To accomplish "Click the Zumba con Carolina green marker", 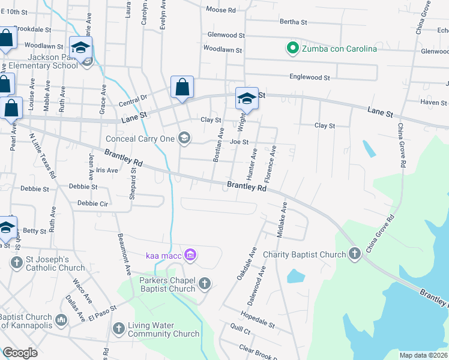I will click(x=292, y=49).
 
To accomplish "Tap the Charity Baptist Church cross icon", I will click(x=355, y=254).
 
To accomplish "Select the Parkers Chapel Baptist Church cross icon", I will click(x=205, y=284).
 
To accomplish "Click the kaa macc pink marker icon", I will click(x=190, y=256).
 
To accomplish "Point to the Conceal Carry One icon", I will click(x=184, y=139).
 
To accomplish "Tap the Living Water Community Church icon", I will click(x=118, y=329).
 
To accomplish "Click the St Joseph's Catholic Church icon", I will click(x=16, y=262).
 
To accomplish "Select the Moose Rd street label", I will click(x=220, y=10).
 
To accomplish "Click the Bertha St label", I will click(x=293, y=22).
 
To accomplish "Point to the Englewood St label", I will click(x=310, y=77).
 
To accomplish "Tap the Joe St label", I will click(x=239, y=142).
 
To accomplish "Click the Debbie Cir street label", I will click(x=92, y=203).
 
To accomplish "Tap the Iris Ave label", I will click(x=107, y=170).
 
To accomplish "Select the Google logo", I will click(x=20, y=353).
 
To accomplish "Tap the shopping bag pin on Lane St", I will click(x=182, y=87).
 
